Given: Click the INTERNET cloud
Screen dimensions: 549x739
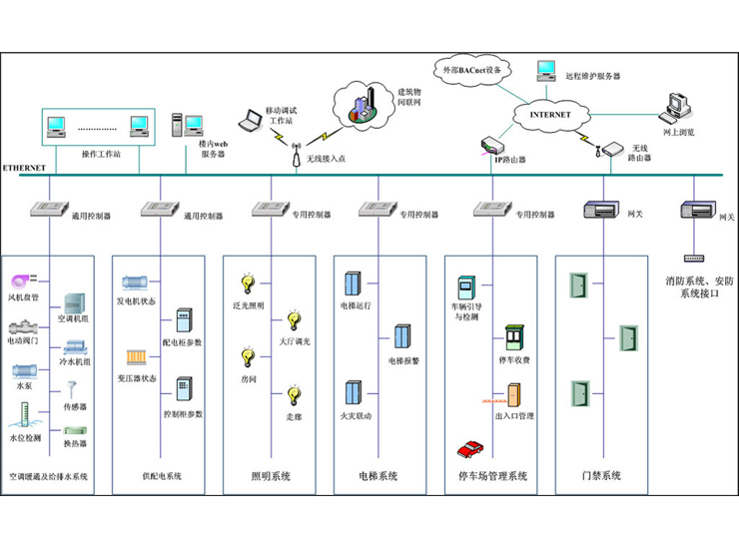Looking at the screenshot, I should point(550,115).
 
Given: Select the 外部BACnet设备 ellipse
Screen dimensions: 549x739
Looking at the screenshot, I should point(473,70).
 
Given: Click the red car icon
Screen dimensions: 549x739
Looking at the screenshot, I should point(470,448).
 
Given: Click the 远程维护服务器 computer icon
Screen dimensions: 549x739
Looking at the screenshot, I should point(545,70).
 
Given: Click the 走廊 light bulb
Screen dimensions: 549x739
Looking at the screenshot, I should point(294,395).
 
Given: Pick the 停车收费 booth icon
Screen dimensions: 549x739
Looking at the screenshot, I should point(513,335).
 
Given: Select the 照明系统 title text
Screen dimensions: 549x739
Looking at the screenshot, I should point(271,477).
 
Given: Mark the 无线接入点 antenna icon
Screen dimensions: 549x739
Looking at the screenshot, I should point(296,155).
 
